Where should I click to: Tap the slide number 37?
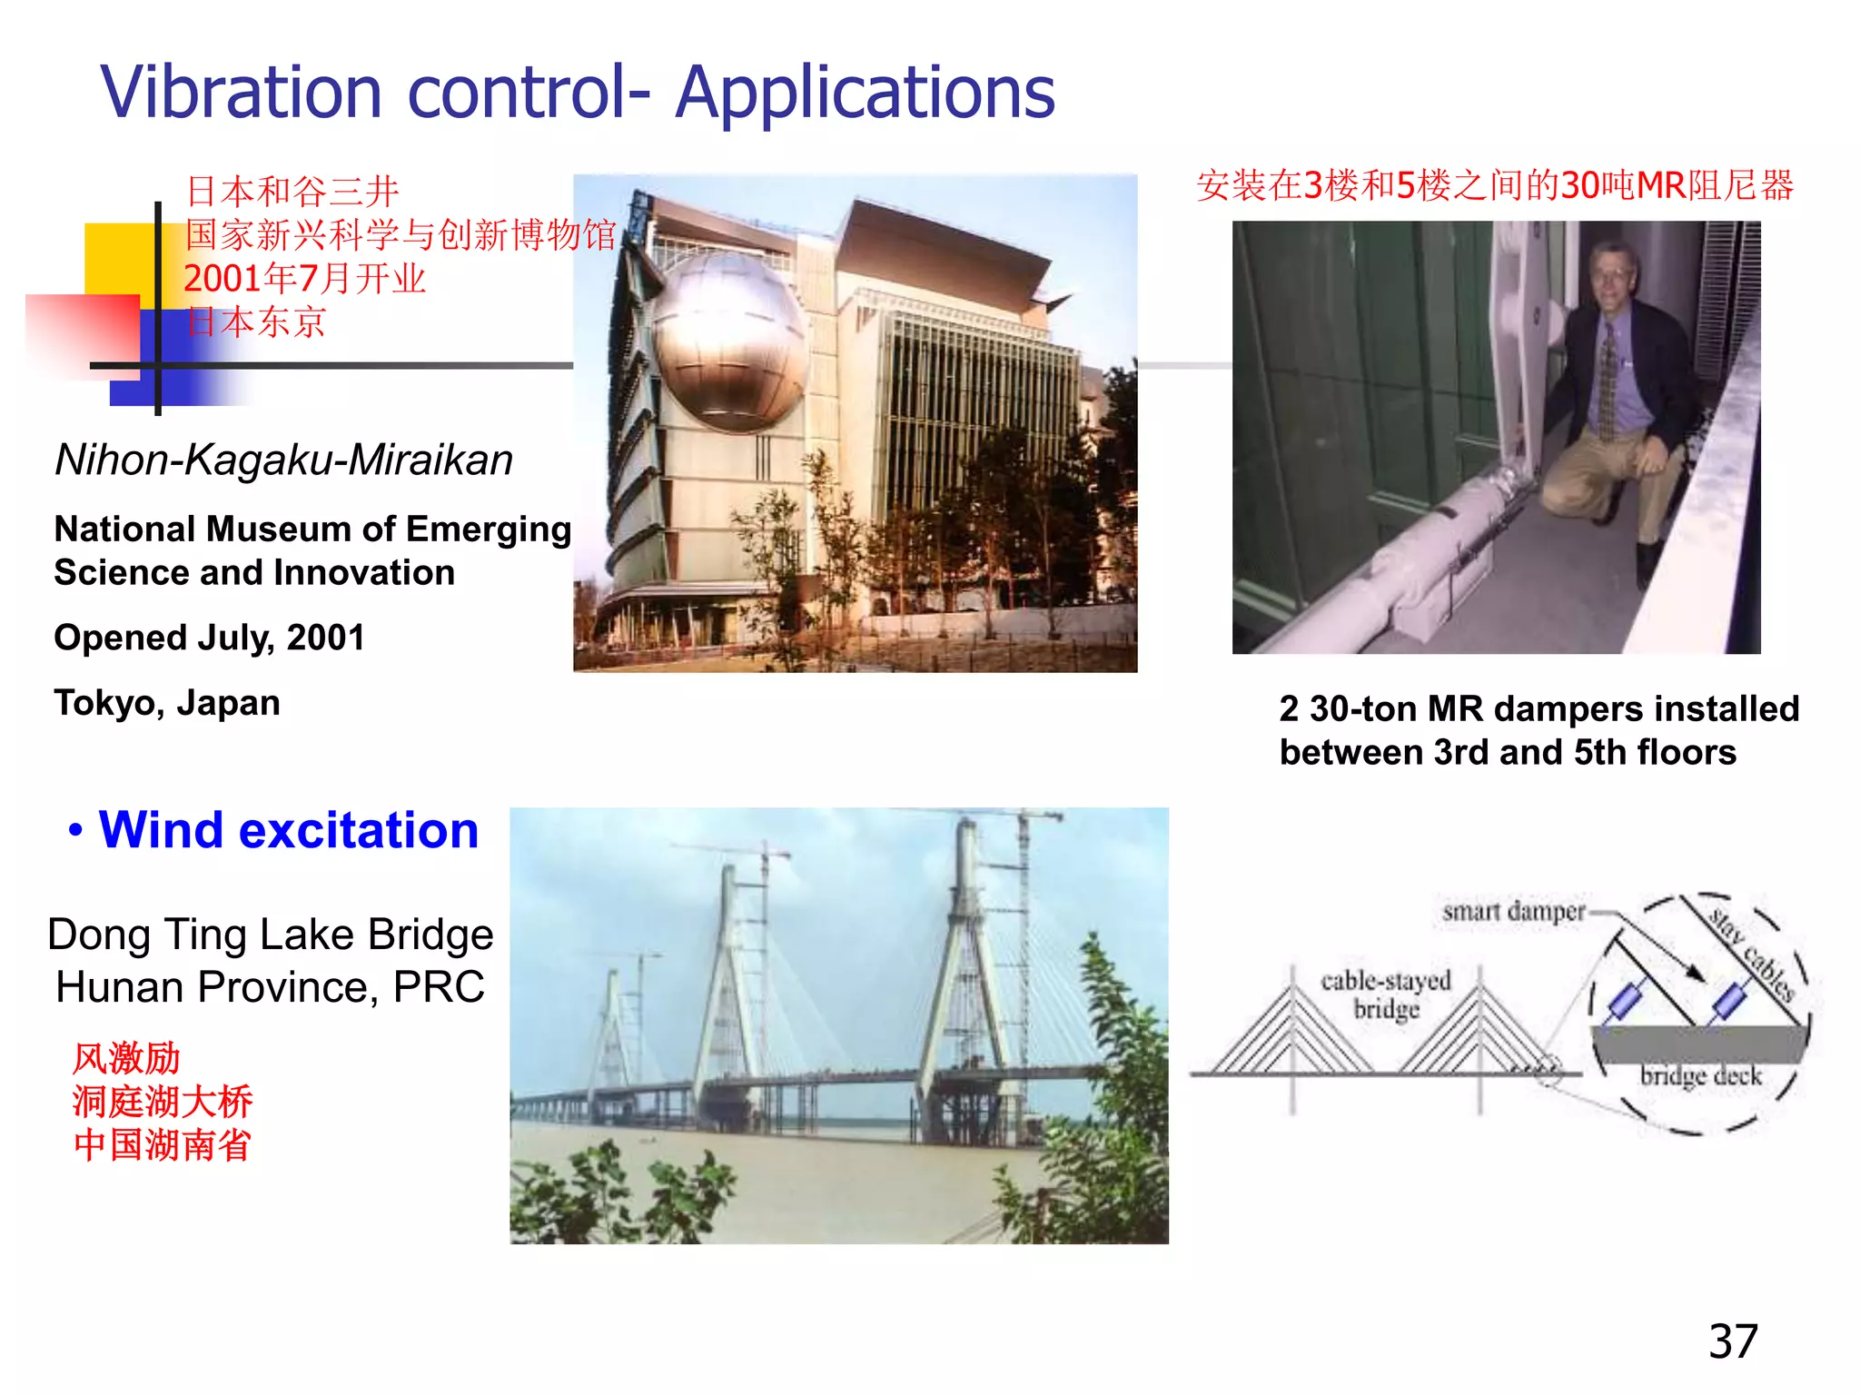(x=1733, y=1341)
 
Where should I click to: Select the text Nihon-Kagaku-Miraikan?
(x=283, y=460)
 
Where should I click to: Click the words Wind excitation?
(x=288, y=830)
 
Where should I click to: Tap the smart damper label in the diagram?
(x=1512, y=911)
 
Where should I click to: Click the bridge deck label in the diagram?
(x=1700, y=1076)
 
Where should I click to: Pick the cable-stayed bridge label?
(x=1386, y=994)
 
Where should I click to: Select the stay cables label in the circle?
(x=1752, y=955)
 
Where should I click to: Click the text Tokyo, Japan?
(x=167, y=703)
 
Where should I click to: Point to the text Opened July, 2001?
(x=209, y=638)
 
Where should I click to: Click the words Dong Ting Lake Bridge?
(x=271, y=935)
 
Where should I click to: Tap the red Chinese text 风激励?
(x=126, y=1059)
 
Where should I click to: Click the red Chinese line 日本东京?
(x=256, y=322)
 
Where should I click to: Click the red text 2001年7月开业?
(x=305, y=279)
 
